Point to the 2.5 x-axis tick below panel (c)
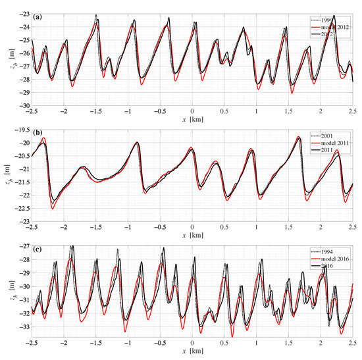point(352,344)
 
